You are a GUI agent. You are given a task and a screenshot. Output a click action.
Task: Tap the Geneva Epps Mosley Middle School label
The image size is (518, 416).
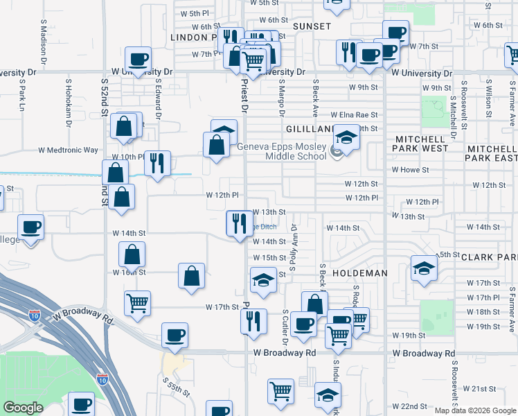point(281,151)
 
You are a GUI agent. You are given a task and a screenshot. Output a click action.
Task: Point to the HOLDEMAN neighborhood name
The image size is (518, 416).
point(359,273)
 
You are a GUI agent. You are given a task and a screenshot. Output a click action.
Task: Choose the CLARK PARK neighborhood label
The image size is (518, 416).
point(489,257)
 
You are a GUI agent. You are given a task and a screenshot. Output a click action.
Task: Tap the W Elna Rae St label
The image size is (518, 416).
point(355,115)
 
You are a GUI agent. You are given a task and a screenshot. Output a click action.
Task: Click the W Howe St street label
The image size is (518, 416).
point(410,169)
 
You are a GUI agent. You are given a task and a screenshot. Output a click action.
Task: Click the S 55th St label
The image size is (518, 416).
point(177,387)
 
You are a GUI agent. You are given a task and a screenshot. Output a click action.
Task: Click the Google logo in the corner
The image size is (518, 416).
point(23,408)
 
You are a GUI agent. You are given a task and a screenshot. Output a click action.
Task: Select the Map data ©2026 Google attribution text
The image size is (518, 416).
point(475,410)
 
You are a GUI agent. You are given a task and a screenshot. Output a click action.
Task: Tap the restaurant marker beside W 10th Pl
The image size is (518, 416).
point(157,164)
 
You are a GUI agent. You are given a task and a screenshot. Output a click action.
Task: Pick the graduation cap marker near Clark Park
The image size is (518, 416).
point(424,268)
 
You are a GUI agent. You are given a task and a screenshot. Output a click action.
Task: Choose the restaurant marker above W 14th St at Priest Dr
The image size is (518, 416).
point(240,223)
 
